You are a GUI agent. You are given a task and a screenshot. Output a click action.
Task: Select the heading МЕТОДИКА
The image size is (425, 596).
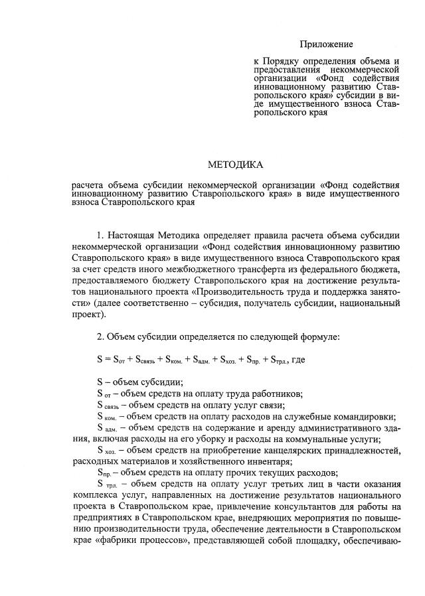(235, 164)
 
